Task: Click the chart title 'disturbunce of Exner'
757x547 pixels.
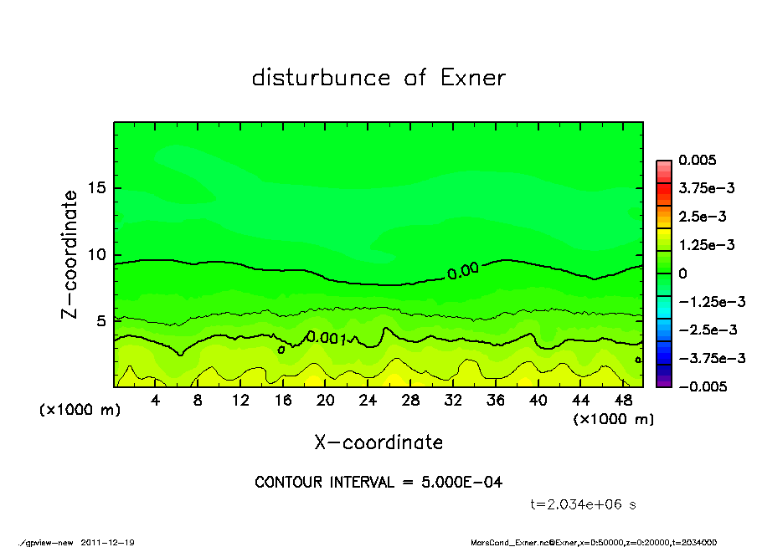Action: [x=378, y=78]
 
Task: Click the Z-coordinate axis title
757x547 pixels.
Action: [x=70, y=253]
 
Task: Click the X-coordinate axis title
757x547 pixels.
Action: [x=378, y=442]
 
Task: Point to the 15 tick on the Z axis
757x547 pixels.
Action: [x=98, y=188]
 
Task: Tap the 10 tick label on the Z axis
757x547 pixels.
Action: [x=98, y=254]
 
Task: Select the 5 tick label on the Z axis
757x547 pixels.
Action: [x=102, y=320]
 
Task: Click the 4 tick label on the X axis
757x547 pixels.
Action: [x=155, y=401]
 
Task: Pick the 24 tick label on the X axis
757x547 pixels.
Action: [x=368, y=401]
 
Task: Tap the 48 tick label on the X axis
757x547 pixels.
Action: [x=623, y=401]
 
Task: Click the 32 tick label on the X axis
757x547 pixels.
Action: [x=453, y=401]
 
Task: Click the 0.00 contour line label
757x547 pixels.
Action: [x=462, y=270]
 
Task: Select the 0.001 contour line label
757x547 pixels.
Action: [x=327, y=337]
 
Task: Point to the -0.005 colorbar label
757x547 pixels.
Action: [x=702, y=386]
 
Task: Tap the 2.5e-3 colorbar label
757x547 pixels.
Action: [x=702, y=217]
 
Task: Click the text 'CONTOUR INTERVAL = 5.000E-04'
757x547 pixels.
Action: [x=378, y=482]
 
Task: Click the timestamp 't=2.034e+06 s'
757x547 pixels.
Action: [x=585, y=504]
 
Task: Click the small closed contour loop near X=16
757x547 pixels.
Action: [x=281, y=350]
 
